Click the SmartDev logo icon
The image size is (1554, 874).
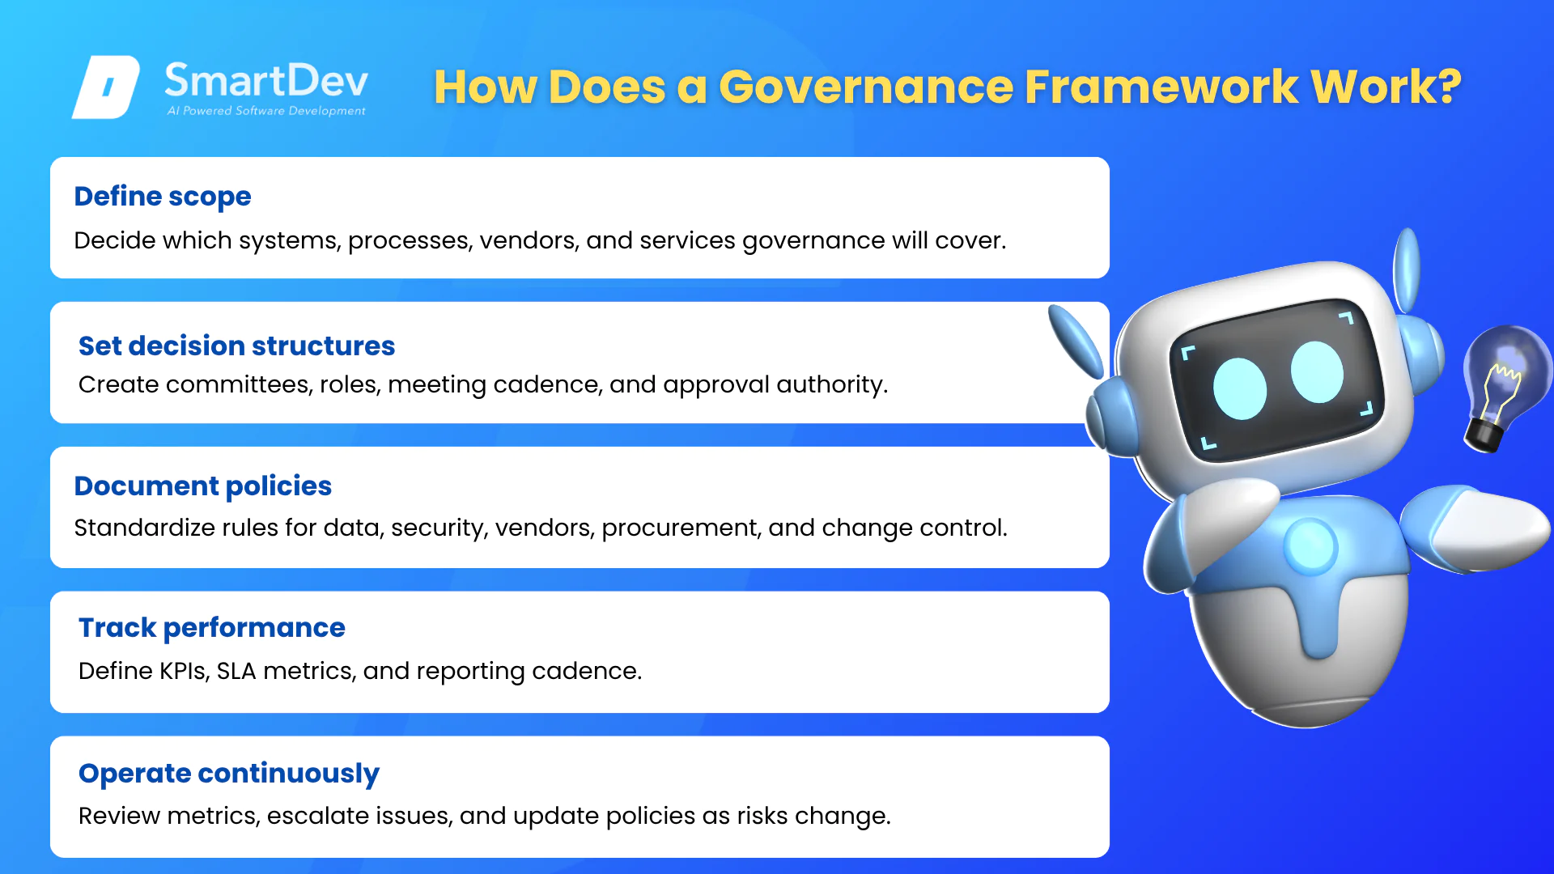tap(106, 87)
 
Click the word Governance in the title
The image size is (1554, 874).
tap(866, 87)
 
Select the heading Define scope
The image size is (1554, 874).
tap(163, 197)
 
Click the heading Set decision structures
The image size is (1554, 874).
tap(236, 346)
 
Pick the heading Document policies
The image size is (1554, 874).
tap(203, 486)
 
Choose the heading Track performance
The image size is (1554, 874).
tap(212, 628)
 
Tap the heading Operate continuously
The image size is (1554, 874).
tap(229, 774)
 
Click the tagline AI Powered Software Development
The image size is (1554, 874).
tap(266, 111)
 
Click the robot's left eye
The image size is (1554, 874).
tap(1240, 388)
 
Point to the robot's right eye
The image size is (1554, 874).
tap(1317, 372)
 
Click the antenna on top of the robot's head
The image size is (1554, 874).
tap(1408, 270)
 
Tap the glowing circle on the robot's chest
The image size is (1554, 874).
tap(1310, 546)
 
